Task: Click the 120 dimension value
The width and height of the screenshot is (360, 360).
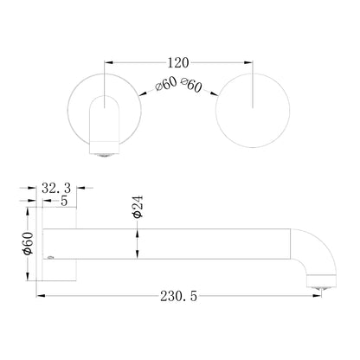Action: click(178, 62)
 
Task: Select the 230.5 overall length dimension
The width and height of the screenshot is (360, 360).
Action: click(179, 296)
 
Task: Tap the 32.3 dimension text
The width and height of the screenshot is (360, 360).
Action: click(56, 189)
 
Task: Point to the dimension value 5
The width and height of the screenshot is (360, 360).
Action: click(64, 201)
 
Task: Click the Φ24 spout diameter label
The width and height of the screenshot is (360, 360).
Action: click(138, 207)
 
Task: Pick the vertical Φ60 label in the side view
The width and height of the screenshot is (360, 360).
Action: click(28, 243)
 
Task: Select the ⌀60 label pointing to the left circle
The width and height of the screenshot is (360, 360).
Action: click(165, 84)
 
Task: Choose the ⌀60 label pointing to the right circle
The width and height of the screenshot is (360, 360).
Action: click(191, 85)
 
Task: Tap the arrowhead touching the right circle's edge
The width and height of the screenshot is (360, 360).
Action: click(214, 93)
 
